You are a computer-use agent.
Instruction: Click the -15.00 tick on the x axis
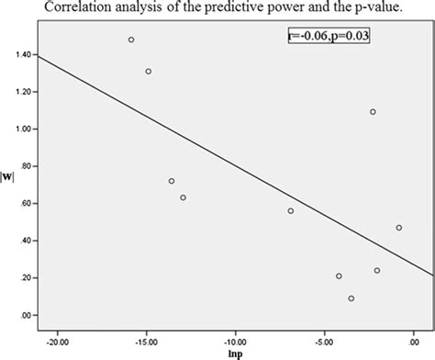[146, 334]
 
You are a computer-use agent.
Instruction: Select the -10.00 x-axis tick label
[235, 334]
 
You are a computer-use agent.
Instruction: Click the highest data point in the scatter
[131, 39]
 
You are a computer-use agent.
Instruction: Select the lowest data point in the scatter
[351, 298]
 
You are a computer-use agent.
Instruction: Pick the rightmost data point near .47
[398, 228]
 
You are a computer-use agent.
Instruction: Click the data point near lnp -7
[291, 210]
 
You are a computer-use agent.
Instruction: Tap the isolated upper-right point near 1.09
[373, 112]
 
